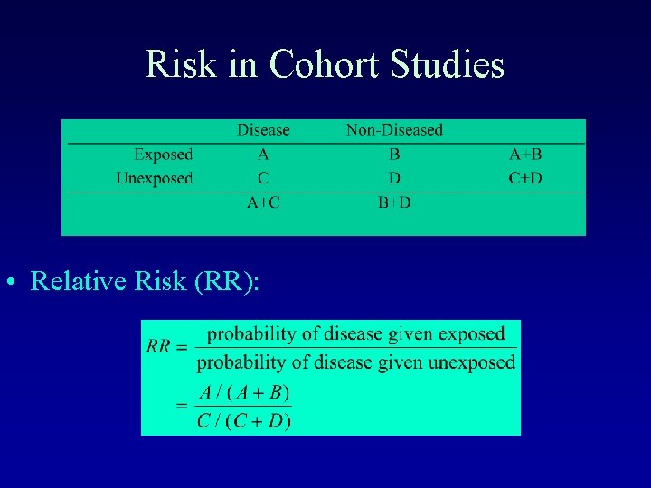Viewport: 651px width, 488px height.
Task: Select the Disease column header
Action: tap(263, 130)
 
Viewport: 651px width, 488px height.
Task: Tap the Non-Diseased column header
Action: tap(394, 130)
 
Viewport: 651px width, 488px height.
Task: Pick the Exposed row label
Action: tap(164, 155)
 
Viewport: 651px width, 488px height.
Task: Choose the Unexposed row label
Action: tap(155, 178)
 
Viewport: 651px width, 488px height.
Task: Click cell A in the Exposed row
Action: tap(263, 155)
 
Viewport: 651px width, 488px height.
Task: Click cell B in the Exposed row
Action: tap(394, 155)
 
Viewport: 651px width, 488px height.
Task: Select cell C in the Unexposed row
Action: tap(263, 178)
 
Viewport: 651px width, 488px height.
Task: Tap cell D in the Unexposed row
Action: tap(394, 178)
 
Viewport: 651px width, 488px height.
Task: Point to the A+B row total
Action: tap(525, 155)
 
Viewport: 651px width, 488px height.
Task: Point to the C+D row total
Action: tap(525, 178)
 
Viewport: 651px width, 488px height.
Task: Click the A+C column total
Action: tap(263, 202)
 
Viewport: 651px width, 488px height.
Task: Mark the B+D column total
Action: tap(394, 202)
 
